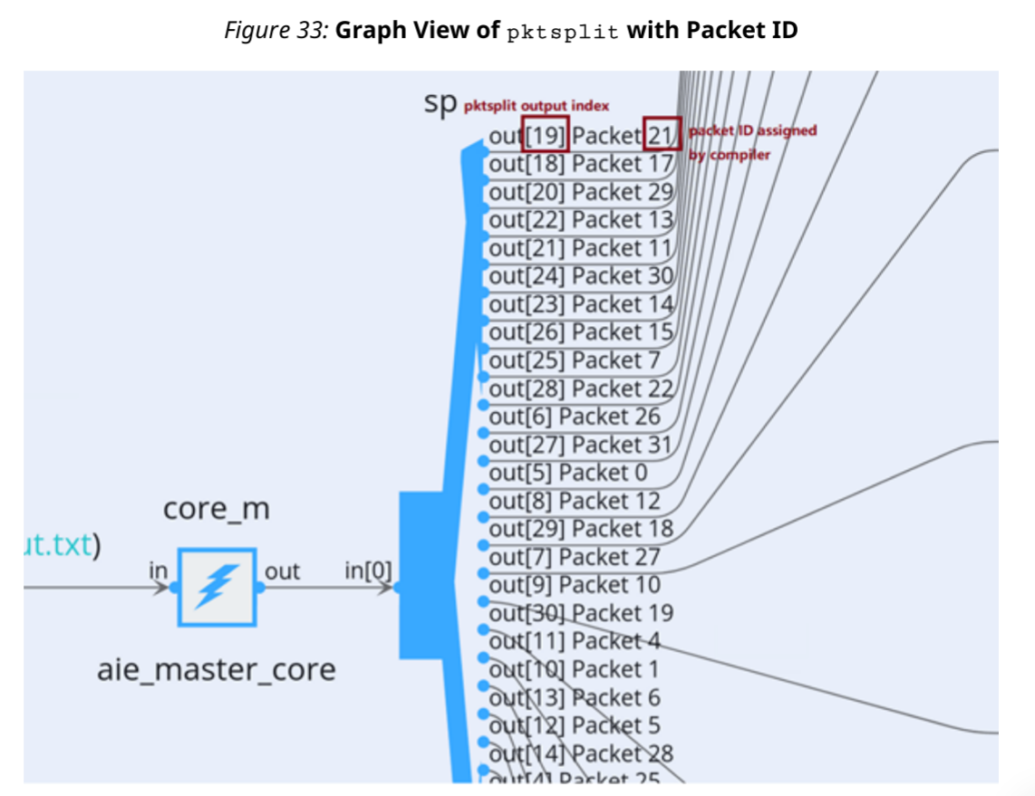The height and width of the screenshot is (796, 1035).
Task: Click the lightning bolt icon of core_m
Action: tap(217, 586)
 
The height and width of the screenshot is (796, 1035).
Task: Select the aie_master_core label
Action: tap(216, 670)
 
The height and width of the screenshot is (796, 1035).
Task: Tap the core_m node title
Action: tap(216, 510)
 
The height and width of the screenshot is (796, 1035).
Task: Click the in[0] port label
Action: tap(368, 571)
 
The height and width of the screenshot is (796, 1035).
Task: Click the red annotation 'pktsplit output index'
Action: tap(537, 106)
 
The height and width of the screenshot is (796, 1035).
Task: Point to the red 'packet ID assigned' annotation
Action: tap(752, 130)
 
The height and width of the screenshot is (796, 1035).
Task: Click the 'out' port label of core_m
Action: tap(282, 571)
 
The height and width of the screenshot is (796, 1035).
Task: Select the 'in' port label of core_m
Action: tap(159, 571)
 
